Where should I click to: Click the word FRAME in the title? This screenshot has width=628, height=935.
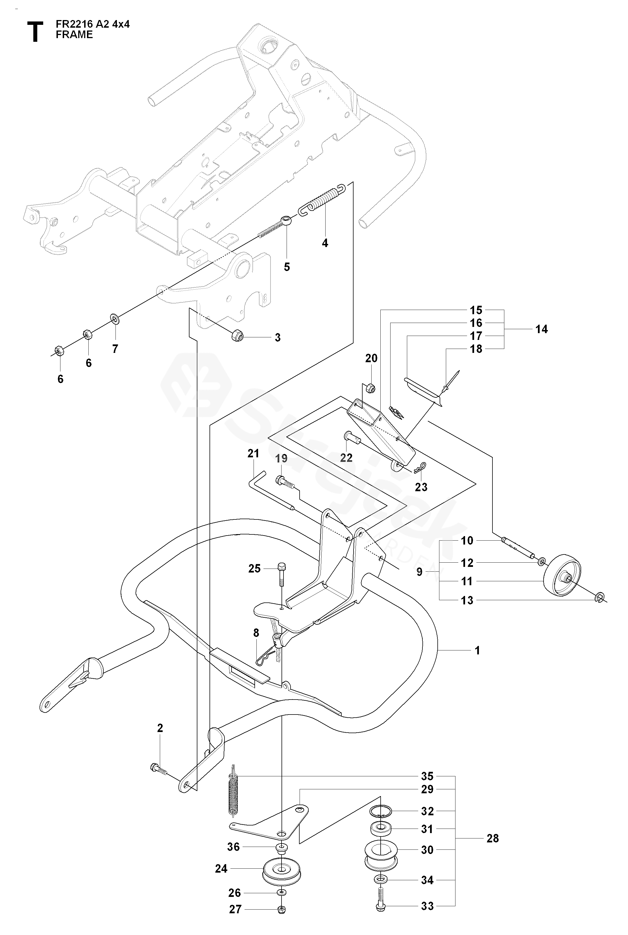74,34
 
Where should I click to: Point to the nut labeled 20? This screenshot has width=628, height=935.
370,388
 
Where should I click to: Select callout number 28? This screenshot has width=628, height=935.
492,838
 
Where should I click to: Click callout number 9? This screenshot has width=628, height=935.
419,571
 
